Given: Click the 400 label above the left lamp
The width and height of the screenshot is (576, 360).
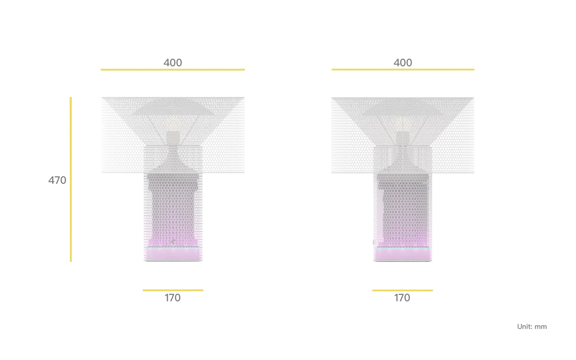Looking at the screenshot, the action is click(x=173, y=63).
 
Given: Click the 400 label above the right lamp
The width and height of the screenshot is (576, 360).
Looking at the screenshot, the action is click(x=403, y=63).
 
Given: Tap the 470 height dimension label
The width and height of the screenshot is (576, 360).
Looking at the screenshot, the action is click(x=57, y=180).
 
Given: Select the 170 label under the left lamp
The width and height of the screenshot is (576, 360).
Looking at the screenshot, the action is click(x=173, y=298).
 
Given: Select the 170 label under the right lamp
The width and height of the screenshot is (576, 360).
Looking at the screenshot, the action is click(x=402, y=298).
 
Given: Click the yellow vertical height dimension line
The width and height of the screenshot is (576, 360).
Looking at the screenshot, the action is click(x=71, y=179).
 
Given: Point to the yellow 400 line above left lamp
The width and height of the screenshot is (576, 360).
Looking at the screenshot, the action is click(x=173, y=69).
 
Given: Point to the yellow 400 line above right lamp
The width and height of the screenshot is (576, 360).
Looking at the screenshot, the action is click(x=403, y=69).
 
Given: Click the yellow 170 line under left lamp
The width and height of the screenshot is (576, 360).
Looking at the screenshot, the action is click(x=173, y=290).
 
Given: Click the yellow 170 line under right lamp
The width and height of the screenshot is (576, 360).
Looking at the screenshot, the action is click(x=403, y=291).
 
